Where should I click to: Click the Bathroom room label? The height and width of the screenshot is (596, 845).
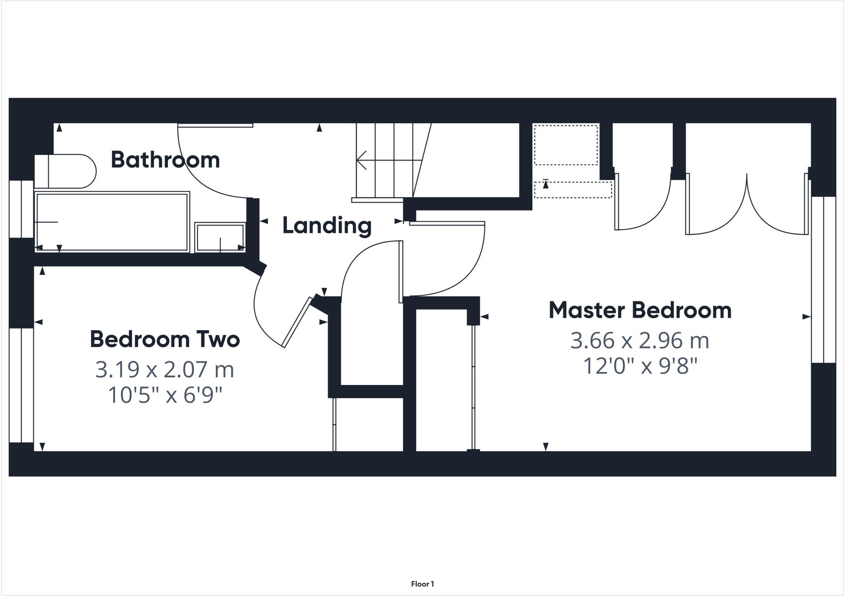point(165,160)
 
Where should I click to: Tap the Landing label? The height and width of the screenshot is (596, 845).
point(327,225)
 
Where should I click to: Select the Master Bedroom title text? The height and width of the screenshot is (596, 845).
point(640,310)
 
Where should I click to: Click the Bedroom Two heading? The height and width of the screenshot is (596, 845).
point(165,339)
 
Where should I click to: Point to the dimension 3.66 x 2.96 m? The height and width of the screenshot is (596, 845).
point(640,341)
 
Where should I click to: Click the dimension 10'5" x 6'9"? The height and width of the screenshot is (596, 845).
point(165,395)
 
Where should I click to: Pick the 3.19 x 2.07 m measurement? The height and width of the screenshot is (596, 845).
point(165,369)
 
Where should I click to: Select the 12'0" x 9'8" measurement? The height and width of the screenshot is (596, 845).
point(640,366)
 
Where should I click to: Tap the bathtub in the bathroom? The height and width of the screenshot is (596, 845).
point(112,222)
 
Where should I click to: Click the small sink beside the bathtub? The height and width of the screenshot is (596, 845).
point(220,237)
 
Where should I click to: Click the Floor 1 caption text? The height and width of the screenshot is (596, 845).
point(422,584)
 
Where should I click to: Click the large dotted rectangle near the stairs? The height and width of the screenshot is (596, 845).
point(566,145)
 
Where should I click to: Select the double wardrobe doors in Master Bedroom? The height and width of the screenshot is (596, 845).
point(747,206)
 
